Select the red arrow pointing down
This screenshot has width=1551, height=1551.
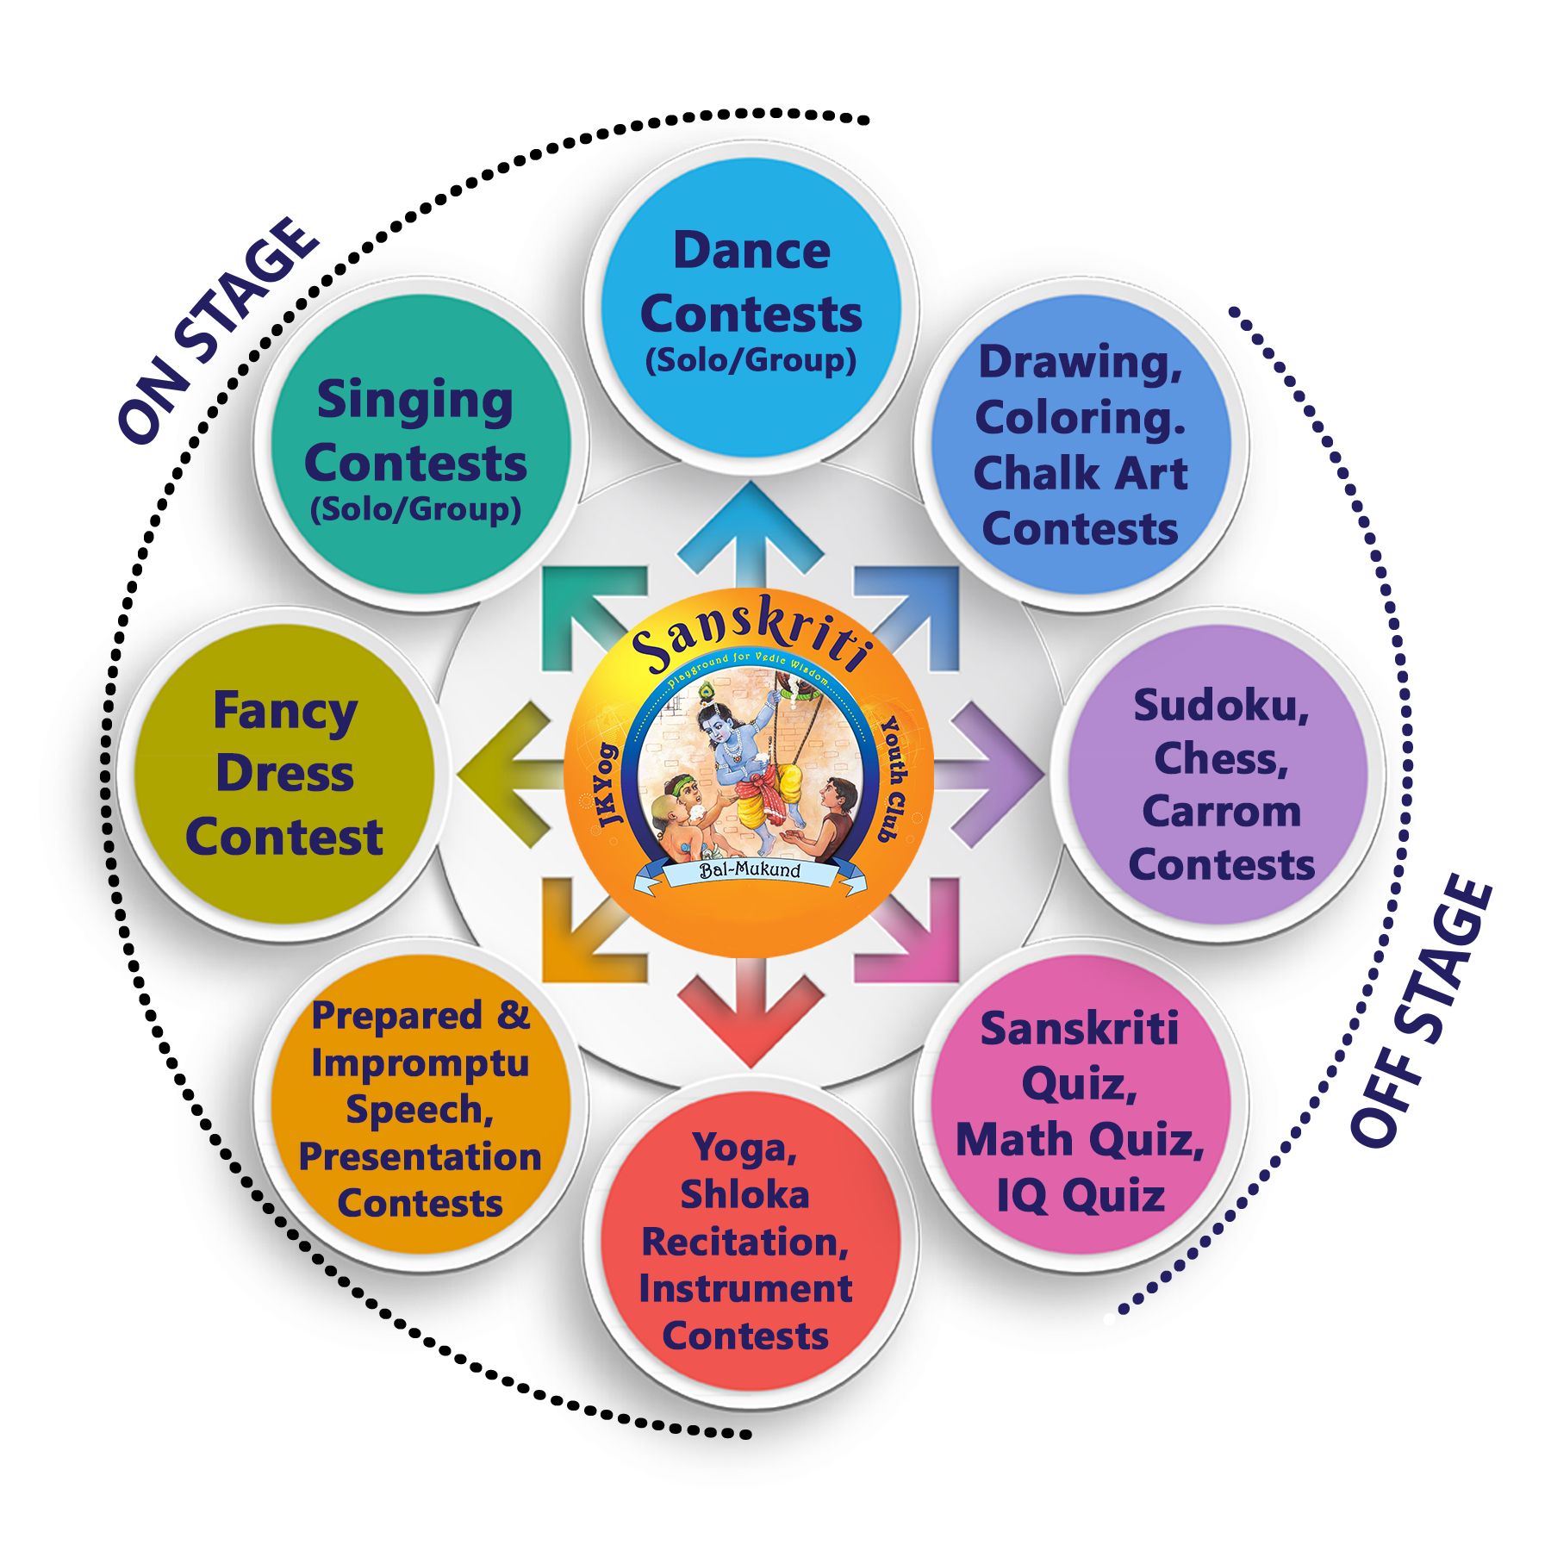coord(751,1017)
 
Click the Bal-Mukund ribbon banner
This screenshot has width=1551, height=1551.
coord(750,872)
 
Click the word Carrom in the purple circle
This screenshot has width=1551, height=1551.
coord(1221,812)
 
